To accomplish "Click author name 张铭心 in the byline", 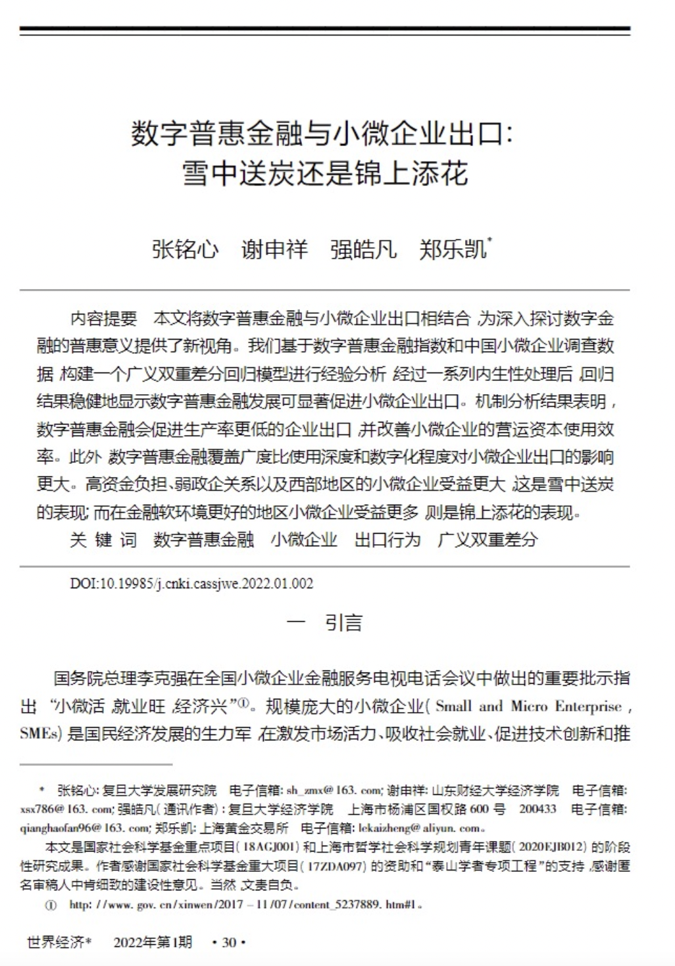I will coord(185,250).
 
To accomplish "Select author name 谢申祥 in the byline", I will coord(274,250).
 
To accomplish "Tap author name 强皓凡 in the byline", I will coord(364,250).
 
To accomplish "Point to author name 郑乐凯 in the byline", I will coord(453,250).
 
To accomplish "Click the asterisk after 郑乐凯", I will coord(489,241).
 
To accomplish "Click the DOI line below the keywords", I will coord(191,584).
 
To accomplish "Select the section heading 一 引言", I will coord(324,623).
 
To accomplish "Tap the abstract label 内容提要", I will coord(103,319).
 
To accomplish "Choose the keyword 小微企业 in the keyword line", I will coord(304,540).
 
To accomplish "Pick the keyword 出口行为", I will coord(387,540).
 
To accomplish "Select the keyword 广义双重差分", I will coord(488,540).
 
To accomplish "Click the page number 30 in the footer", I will coord(229,943).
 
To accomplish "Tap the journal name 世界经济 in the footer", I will coord(55,943).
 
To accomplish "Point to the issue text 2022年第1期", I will coord(153,943).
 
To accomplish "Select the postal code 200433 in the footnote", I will coord(537,809).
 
